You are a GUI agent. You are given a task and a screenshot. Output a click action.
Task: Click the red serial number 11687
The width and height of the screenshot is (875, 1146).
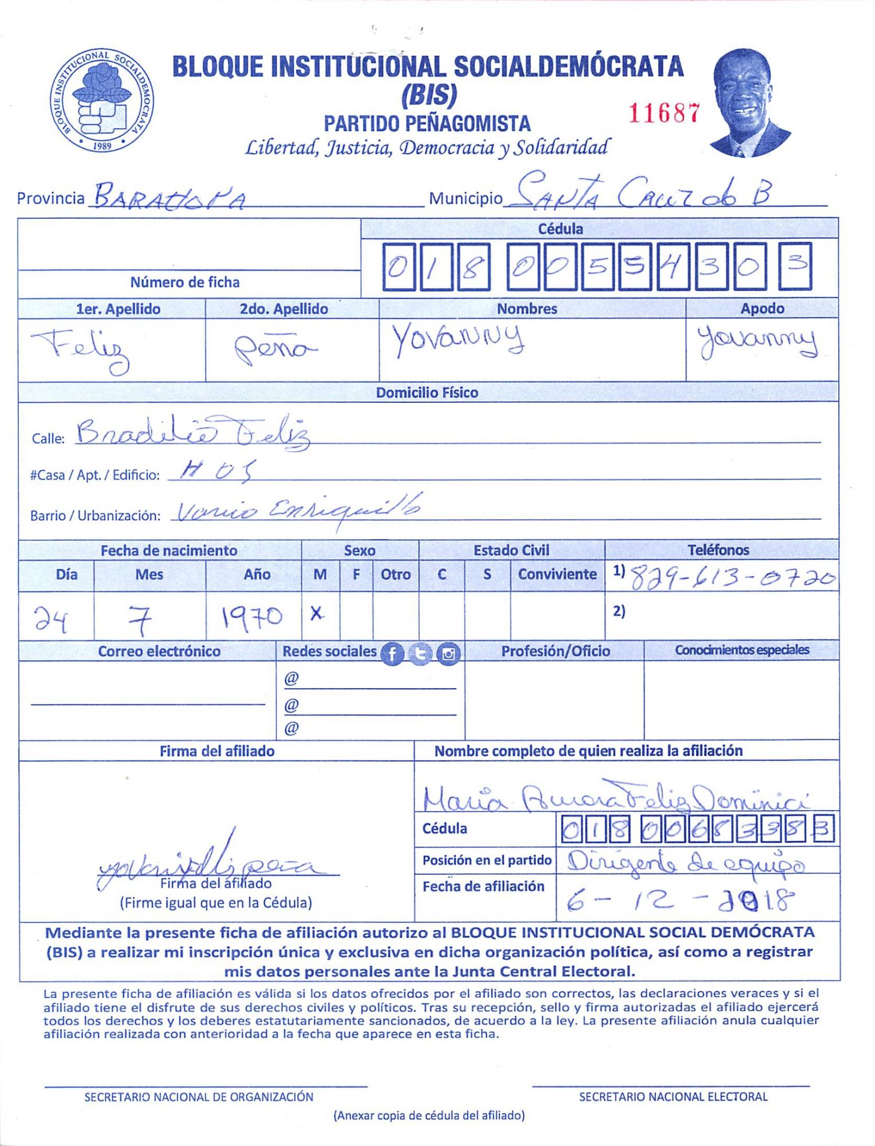(x=664, y=113)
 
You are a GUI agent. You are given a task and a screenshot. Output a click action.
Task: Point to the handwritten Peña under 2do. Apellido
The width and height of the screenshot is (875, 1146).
(x=275, y=348)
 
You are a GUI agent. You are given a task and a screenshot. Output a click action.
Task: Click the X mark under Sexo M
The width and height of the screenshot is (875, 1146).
(x=316, y=614)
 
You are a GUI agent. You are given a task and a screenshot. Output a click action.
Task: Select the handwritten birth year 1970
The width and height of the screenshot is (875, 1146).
(x=252, y=617)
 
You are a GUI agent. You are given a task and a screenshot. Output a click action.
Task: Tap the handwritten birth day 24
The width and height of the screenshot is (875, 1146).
(x=52, y=618)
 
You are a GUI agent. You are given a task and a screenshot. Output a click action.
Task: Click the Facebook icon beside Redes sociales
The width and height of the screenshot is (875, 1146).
(x=392, y=653)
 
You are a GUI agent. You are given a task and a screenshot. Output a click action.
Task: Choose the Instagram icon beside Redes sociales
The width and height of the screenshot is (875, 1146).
(x=448, y=653)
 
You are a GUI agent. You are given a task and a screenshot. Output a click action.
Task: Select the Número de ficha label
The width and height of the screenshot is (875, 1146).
(x=184, y=282)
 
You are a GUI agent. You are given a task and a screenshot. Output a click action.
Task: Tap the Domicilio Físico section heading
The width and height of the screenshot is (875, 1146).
(x=427, y=393)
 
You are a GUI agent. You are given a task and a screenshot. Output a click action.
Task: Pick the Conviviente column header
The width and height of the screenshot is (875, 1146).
(x=557, y=574)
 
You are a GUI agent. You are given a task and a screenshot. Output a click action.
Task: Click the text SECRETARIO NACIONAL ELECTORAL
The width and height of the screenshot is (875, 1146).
(x=673, y=1097)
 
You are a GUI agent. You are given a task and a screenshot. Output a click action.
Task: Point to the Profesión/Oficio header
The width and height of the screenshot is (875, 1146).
(x=555, y=651)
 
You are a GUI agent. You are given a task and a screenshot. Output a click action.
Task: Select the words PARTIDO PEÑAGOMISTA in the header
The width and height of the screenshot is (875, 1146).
(x=427, y=123)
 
